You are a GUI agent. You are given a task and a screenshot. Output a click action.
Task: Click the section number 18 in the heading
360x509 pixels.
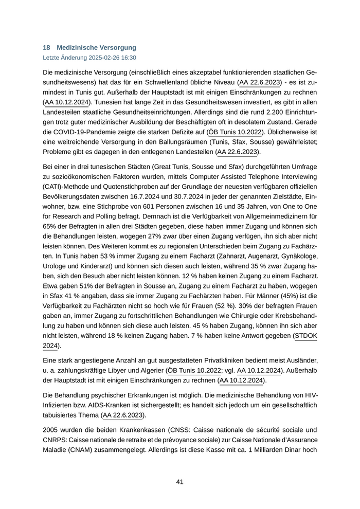46,48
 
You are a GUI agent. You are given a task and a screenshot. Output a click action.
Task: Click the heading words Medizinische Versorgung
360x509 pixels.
97,48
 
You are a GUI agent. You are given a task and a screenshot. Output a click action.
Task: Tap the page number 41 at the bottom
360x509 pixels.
179,482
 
